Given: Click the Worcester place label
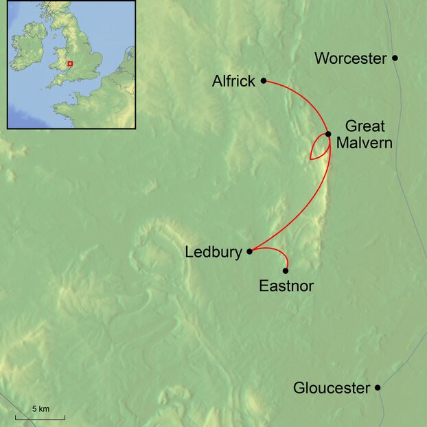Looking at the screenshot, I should (350, 58).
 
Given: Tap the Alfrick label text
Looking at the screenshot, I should (233, 82).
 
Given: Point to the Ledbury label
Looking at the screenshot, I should (213, 253).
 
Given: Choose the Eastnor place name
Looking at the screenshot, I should (286, 286).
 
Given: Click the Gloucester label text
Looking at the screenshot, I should (332, 389).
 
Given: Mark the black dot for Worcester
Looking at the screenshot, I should (395, 58).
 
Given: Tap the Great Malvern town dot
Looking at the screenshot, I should (328, 134).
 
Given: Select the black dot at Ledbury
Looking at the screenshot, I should (249, 251).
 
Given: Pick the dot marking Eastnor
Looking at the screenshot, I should (286, 270).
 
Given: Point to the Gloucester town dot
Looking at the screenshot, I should (378, 388).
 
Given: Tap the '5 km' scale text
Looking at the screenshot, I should (41, 409).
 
